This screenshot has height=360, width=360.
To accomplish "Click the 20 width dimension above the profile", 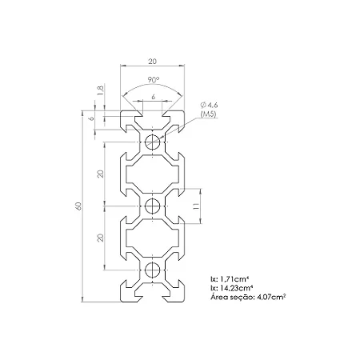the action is pos(152,62).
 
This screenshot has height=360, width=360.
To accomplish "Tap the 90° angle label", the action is pos(154,79).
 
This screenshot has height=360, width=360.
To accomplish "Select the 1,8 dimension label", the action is pos(102,90).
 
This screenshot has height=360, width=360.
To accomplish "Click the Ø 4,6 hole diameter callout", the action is pos(209,105).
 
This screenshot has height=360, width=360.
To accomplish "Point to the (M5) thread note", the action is pos(209,114).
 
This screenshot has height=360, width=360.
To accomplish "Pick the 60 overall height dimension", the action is pos(78,206).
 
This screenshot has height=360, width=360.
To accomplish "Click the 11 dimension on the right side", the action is pos(197,206).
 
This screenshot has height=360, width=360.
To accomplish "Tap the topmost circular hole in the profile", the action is pos(152,142).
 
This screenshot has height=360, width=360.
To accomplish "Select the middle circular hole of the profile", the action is pos(152,206).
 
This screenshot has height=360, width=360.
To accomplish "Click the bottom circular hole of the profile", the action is pos(152,270).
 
